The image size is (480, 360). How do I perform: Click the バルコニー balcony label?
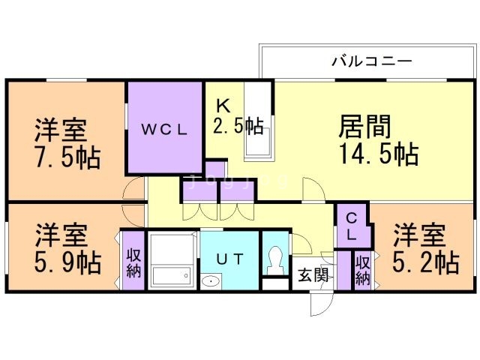click(x=371, y=61)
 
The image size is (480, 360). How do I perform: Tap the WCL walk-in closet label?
click(x=163, y=128)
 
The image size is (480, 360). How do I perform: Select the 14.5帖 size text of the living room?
click(x=378, y=154)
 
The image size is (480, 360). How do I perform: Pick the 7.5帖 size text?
click(x=67, y=159)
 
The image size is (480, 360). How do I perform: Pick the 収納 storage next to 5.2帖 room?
click(x=362, y=270)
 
